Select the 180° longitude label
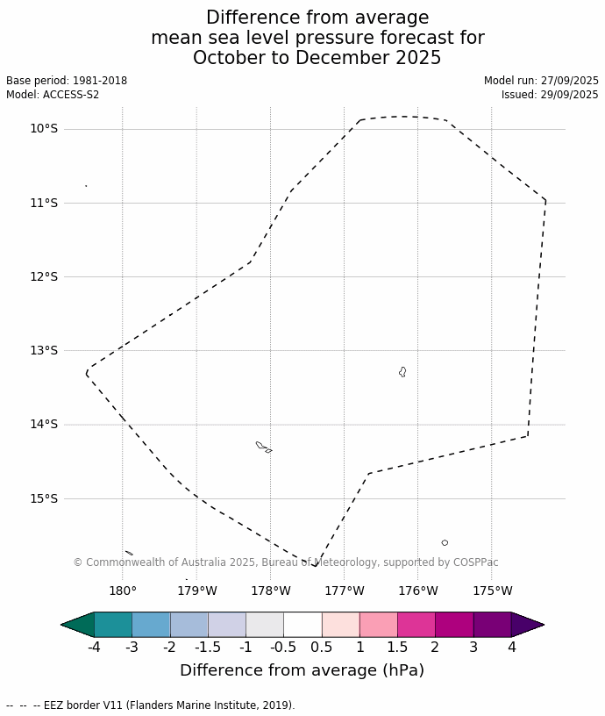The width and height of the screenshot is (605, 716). (122, 591)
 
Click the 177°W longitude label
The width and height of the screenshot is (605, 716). (345, 591)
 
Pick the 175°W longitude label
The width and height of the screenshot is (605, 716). (493, 591)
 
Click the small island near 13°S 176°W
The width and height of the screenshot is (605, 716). (402, 372)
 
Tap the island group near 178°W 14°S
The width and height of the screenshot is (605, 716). (262, 447)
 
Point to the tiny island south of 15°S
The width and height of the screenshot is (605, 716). (445, 543)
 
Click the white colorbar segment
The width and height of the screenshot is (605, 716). (302, 625)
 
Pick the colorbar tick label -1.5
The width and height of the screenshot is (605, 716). (208, 648)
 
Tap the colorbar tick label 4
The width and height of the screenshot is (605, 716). (511, 648)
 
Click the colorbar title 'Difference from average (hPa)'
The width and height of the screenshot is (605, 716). (302, 670)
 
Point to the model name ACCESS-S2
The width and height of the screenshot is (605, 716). (71, 95)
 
